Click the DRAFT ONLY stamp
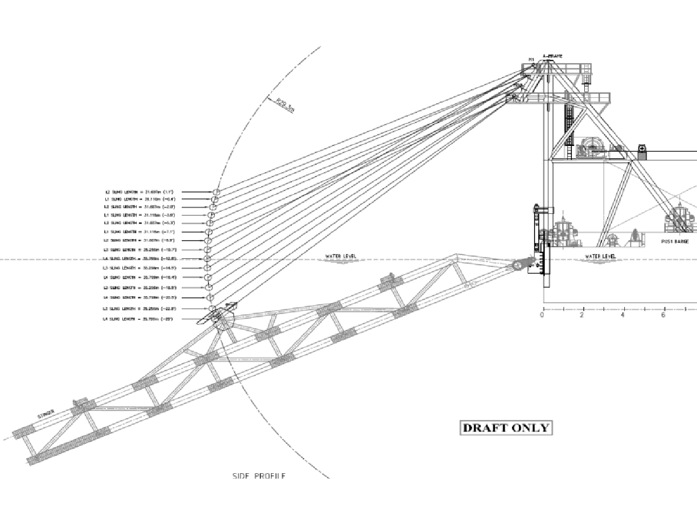click(x=506, y=428)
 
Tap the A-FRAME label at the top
click(x=552, y=56)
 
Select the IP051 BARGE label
click(x=675, y=242)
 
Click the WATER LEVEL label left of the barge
click(x=340, y=257)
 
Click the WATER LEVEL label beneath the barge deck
click(x=600, y=257)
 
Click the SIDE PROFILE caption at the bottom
click(x=259, y=476)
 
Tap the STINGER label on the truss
click(x=46, y=414)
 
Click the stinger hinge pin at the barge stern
click(x=518, y=265)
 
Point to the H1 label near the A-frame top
click(x=531, y=59)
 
